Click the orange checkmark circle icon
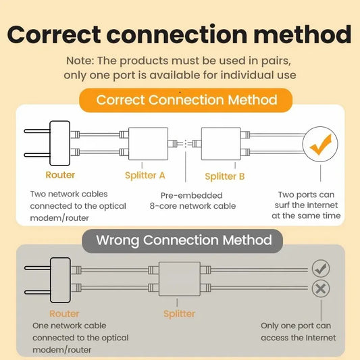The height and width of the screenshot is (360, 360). coord(319,143)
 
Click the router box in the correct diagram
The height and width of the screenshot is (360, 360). coord(59,143)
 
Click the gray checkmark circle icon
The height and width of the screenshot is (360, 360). coord(320,268)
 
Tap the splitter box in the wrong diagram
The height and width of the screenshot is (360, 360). coord(179,279)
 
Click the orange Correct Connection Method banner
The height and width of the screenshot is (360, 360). coord(186,100)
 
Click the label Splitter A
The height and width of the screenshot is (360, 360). coord(145,176)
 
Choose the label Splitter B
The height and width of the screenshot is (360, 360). coord(225,176)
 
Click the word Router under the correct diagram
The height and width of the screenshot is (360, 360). coord(60,176)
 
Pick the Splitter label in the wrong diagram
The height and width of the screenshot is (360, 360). coord(179,313)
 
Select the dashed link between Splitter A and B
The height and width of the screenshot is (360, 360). coord(186,143)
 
